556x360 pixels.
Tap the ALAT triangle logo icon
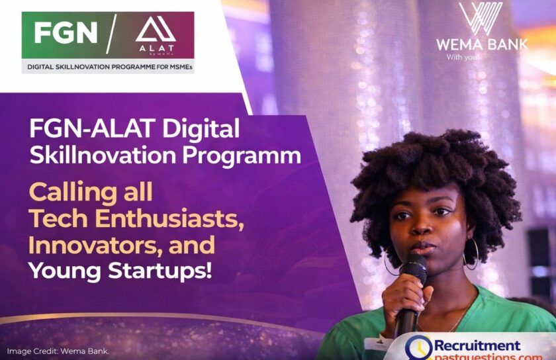coord(155,29)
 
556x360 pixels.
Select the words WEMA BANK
coord(481,45)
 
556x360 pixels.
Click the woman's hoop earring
coord(471,255)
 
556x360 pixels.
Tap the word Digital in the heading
coord(202,128)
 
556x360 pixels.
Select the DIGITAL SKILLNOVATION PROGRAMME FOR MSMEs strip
coord(108,66)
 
